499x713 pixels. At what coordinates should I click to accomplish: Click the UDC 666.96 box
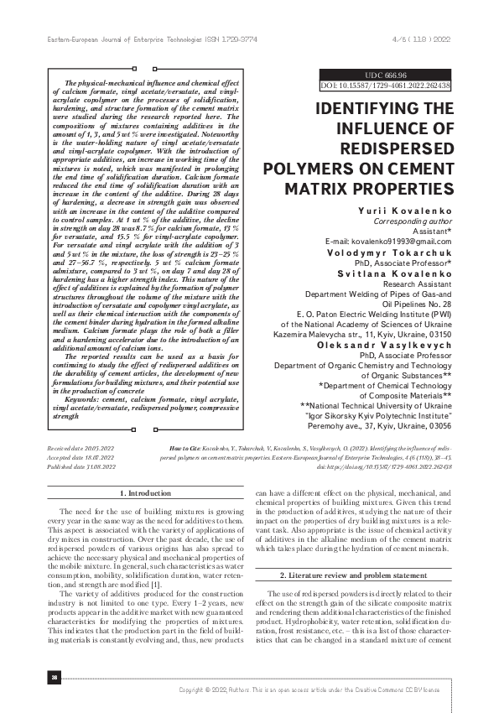(386, 75)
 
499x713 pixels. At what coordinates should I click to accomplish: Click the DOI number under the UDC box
(386, 86)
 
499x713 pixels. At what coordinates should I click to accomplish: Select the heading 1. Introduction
(147, 493)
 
